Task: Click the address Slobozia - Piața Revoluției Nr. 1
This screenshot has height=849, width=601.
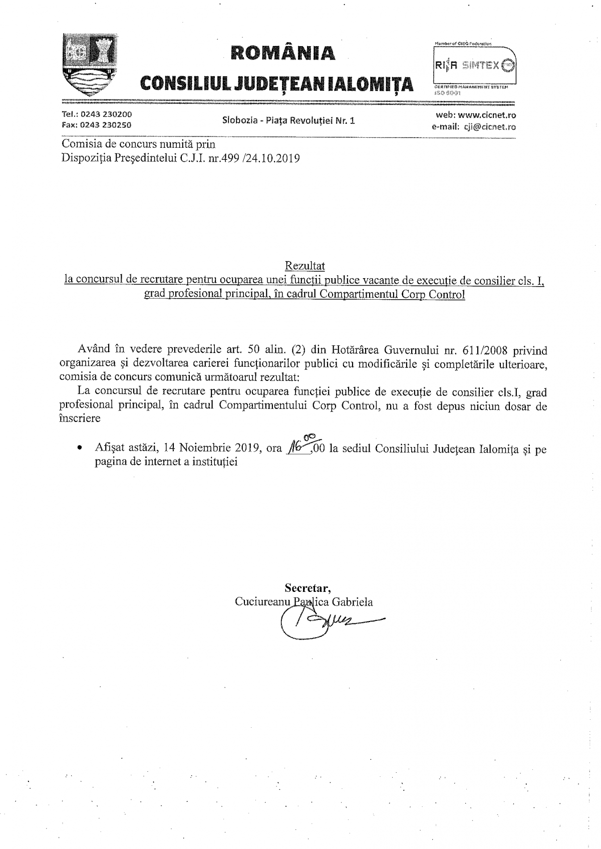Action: pos(288,120)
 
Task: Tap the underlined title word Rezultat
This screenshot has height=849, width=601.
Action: pos(305,266)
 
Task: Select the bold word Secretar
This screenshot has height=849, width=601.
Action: pos(308,587)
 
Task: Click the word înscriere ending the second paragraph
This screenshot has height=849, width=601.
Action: pos(80,418)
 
